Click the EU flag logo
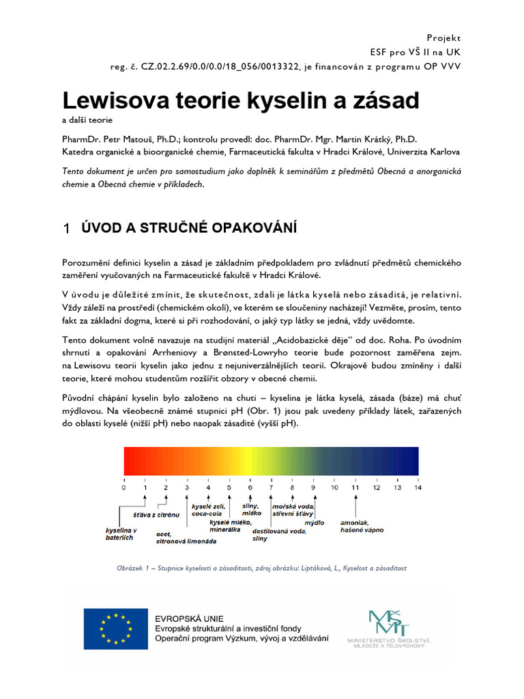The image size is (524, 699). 116,629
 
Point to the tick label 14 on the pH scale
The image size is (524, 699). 418,488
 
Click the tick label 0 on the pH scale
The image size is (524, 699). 123,488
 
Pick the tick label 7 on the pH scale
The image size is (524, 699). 271,488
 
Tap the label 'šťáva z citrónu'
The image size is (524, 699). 156,513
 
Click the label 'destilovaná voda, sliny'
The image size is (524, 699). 279,534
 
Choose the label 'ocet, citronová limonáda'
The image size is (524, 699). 186,537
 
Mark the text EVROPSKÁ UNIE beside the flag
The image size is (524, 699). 189,618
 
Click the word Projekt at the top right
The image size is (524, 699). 443,38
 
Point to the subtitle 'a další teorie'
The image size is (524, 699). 89,120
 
